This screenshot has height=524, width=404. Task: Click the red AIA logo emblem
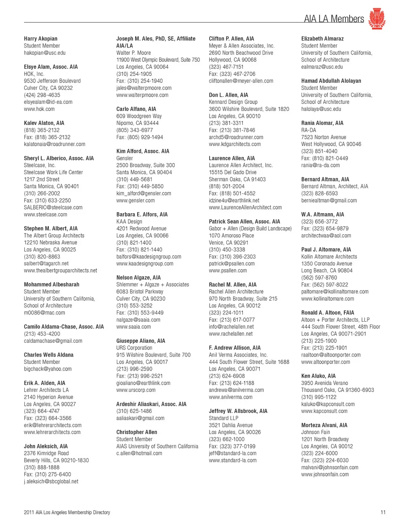tap(377, 19)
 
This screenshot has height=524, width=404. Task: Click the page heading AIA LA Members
tap(334, 19)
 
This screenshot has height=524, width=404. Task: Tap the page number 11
tap(383, 512)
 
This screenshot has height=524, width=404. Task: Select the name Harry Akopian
tap(41, 39)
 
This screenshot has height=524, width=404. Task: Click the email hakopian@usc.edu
tap(45, 53)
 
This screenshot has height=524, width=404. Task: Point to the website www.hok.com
tap(39, 109)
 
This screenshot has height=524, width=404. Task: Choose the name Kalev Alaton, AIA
tap(44, 123)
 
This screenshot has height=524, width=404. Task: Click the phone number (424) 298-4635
tap(42, 95)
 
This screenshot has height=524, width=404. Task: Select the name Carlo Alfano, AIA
tap(136, 109)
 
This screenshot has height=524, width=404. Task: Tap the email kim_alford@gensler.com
tap(144, 193)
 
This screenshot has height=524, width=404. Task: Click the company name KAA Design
tap(129, 222)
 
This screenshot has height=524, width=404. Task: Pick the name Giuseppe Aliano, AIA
tap(141, 341)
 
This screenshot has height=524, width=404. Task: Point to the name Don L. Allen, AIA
tap(229, 95)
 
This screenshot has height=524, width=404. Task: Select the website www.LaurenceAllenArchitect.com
tap(245, 207)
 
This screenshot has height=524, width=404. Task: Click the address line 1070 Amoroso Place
tap(231, 236)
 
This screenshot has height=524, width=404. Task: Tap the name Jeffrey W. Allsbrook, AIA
tap(238, 411)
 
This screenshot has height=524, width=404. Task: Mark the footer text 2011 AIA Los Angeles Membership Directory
tap(67, 512)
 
